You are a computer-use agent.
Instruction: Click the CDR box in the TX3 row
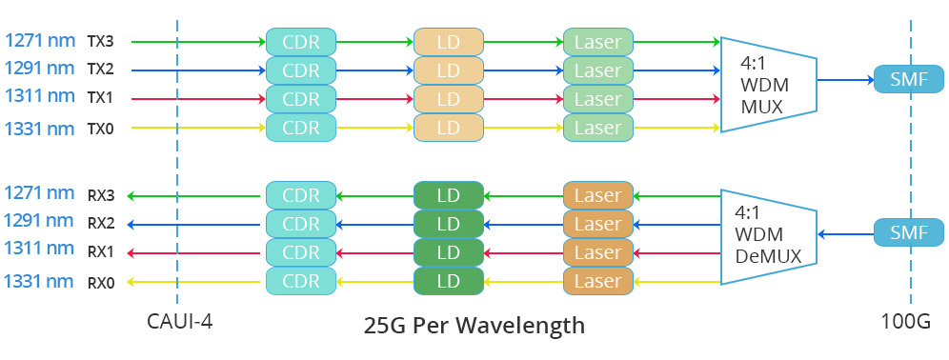[x=301, y=42]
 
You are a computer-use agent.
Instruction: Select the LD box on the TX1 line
[x=449, y=99]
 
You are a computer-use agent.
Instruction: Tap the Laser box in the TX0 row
[x=597, y=128]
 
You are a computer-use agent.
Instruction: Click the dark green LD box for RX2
[x=449, y=225]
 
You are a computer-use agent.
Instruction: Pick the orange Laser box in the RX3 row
[x=597, y=196]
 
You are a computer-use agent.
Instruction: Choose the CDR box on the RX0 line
[x=301, y=282]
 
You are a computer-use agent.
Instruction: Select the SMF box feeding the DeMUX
[x=908, y=233]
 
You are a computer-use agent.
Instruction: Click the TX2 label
[x=100, y=70]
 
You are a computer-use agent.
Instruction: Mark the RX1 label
[x=100, y=253]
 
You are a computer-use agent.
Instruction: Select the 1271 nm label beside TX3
[x=39, y=41]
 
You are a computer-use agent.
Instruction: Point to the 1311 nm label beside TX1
[x=39, y=97]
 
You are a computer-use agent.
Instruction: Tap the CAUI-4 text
[x=180, y=321]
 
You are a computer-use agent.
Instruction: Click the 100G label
[x=907, y=321]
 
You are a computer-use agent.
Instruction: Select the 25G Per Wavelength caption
[x=474, y=326]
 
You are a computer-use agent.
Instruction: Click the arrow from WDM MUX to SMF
[x=845, y=81]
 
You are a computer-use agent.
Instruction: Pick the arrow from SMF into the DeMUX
[x=845, y=234]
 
